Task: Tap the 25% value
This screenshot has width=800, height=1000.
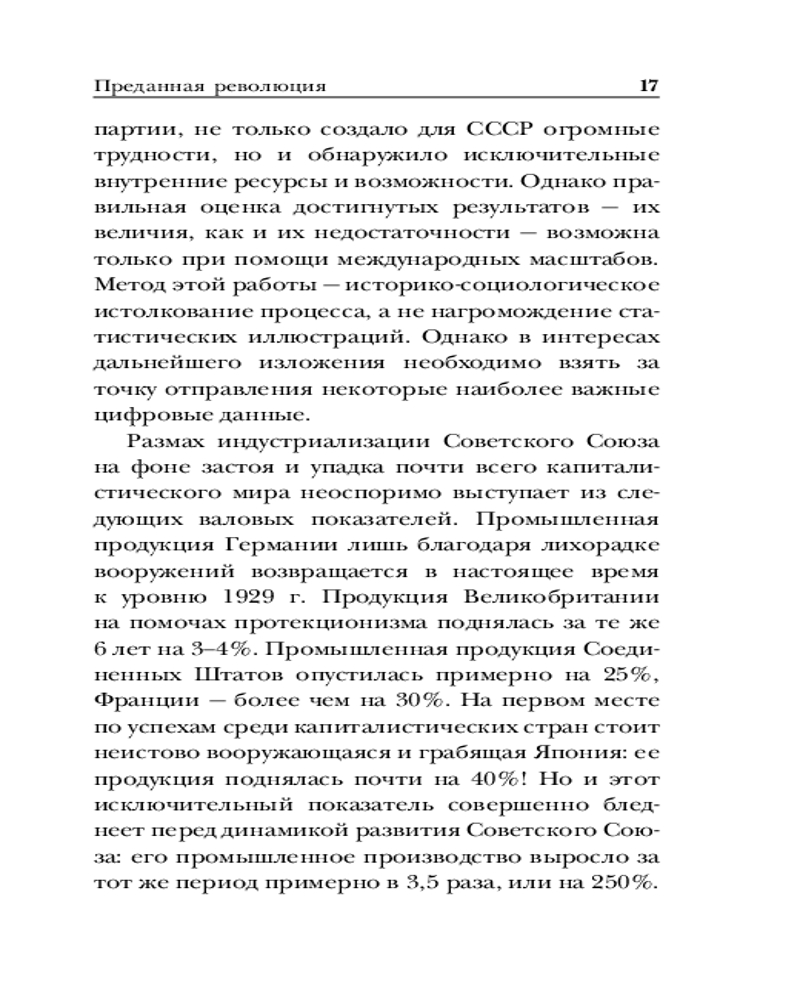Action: (x=628, y=673)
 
